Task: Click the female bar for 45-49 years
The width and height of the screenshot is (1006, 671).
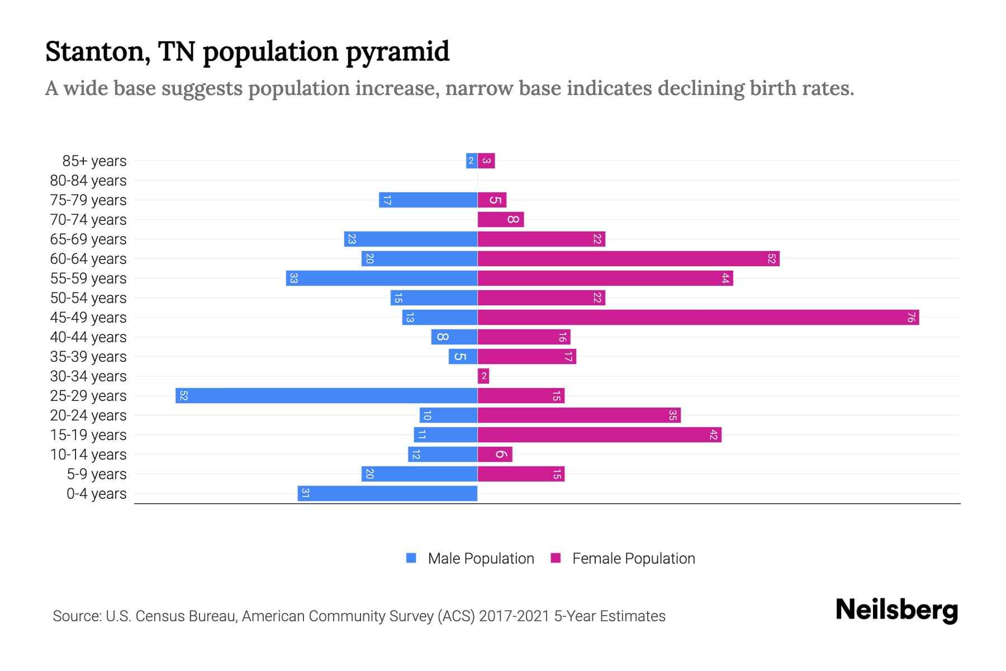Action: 698,318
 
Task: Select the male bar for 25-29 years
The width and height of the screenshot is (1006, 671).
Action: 326,396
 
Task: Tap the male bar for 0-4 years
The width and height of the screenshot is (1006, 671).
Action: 387,494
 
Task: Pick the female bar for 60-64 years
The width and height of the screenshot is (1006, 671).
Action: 628,259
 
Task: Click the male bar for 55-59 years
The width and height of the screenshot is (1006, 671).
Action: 382,278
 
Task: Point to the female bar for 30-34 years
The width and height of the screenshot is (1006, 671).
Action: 483,376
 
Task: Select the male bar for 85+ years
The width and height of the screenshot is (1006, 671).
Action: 472,161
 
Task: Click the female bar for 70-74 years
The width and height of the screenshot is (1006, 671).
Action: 501,220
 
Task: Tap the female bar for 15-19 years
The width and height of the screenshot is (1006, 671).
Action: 599,435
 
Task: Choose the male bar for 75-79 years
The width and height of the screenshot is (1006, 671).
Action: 428,200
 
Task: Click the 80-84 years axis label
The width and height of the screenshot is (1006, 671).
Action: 88,181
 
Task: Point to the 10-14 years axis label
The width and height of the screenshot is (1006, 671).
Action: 88,455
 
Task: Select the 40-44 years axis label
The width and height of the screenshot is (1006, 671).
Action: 88,337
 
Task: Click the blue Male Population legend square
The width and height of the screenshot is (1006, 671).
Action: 411,558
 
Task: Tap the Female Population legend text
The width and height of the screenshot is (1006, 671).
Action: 633,559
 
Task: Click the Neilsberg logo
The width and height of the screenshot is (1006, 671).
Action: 896,610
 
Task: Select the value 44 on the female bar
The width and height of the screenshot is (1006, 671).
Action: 725,278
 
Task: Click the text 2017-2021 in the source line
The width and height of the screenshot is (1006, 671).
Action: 514,616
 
